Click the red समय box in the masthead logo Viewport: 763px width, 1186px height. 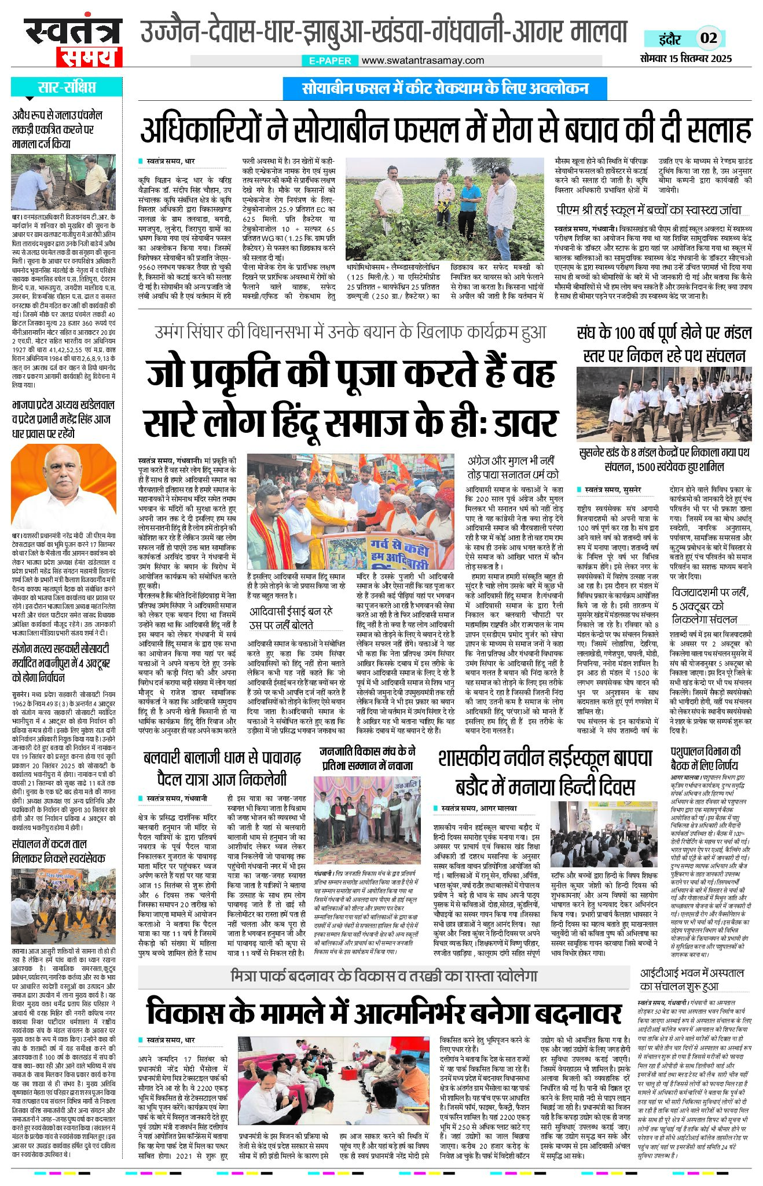pyautogui.click(x=90, y=57)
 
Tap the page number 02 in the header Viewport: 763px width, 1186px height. pyautogui.click(x=709, y=38)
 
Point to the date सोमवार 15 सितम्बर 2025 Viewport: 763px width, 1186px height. pyautogui.click(x=686, y=58)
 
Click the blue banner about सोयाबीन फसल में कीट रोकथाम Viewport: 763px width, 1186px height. pyautogui.click(x=445, y=89)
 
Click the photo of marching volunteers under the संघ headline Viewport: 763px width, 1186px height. pyautogui.click(x=664, y=404)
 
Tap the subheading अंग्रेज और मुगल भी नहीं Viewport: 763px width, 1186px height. pyautogui.click(x=511, y=462)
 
